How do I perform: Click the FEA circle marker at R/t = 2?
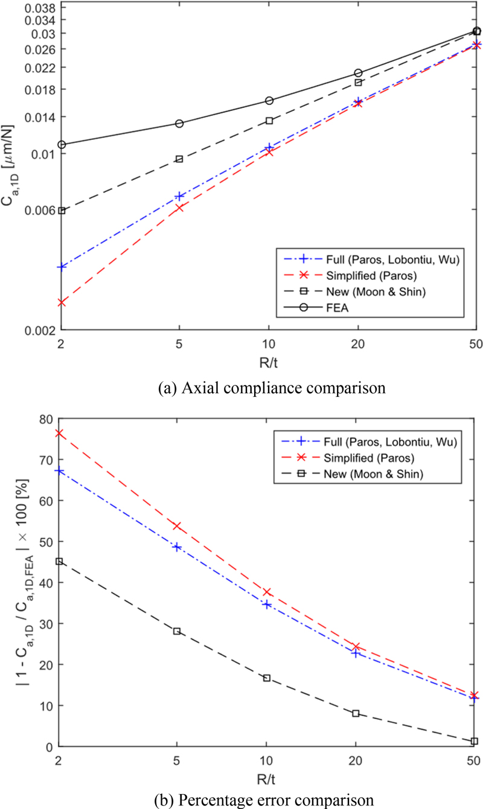tap(62, 145)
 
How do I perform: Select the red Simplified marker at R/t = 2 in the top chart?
tap(62, 302)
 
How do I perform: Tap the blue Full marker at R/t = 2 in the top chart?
tap(62, 267)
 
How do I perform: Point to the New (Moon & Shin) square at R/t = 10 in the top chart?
tap(269, 121)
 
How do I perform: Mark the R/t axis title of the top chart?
tap(269, 358)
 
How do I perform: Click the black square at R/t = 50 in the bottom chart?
tap(475, 741)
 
